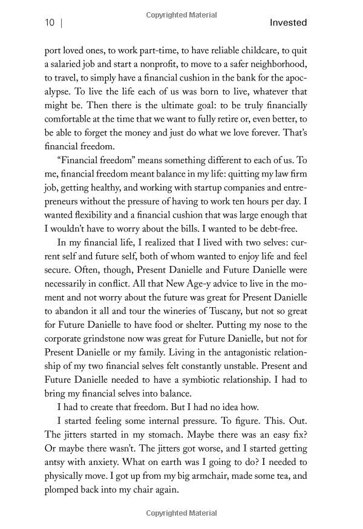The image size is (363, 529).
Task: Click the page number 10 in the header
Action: [50, 23]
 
